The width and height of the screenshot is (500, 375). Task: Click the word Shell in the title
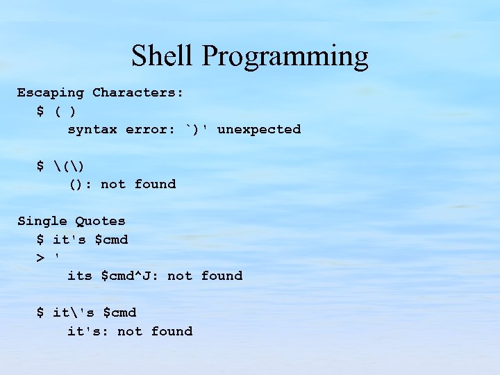tap(162, 56)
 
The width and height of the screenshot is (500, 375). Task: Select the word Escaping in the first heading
tap(50, 93)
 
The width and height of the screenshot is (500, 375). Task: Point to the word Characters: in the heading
tap(137, 93)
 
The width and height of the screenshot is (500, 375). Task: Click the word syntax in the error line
tap(92, 130)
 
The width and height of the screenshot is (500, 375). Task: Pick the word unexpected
tap(259, 130)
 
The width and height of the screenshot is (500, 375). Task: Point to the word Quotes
tap(100, 222)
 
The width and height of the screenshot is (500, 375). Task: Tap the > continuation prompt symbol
tap(40, 258)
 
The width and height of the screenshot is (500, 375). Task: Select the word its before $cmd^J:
tap(79, 276)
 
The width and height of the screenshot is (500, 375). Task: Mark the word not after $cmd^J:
tap(179, 276)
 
